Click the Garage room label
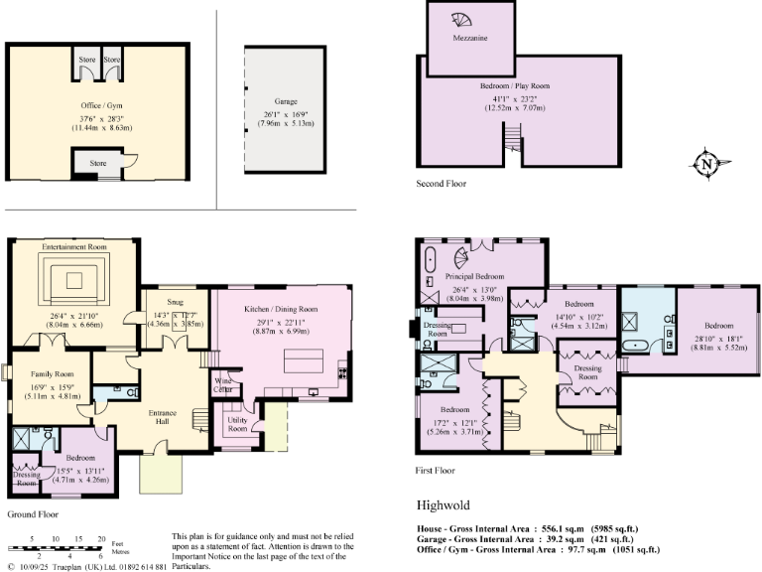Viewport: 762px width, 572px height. point(287,101)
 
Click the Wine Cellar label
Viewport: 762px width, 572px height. point(224,383)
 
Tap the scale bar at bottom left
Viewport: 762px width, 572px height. point(56,547)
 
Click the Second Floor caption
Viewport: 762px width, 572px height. point(443,184)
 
